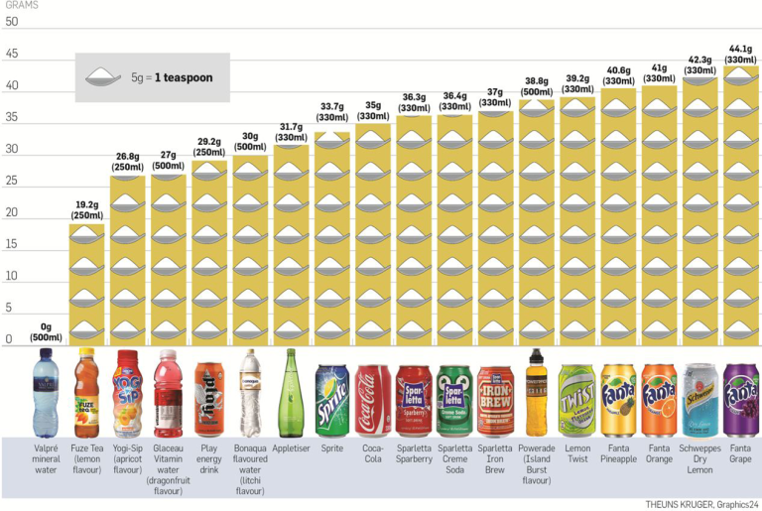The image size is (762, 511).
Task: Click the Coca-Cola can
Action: [x=373, y=400]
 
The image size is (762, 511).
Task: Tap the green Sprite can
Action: [x=332, y=400]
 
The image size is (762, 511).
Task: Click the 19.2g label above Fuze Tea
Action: [x=85, y=208]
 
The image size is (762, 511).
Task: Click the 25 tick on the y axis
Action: [x=10, y=181]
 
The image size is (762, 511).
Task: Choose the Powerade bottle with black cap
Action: [x=537, y=393]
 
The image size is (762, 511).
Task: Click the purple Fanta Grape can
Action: [x=740, y=400]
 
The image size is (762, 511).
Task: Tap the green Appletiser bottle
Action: [x=292, y=393]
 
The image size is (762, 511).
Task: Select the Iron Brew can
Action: [x=495, y=400]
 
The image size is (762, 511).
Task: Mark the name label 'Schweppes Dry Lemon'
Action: [x=699, y=458]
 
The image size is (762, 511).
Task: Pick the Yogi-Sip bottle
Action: [x=128, y=393]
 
